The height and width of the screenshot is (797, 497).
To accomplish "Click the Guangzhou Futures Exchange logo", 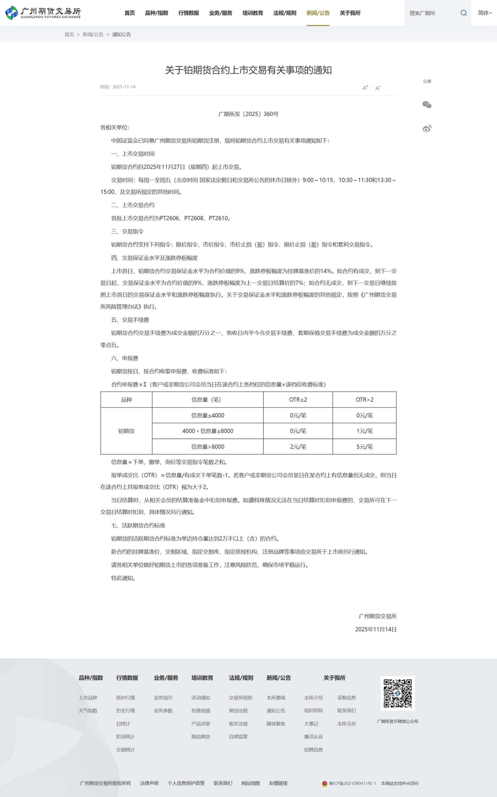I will (43, 13).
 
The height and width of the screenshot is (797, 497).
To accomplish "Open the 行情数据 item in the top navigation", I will (188, 13).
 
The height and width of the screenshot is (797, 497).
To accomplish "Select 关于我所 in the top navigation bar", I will (350, 13).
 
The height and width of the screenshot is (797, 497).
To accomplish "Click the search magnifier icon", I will (464, 13).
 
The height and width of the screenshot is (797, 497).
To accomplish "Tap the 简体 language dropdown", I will (485, 13).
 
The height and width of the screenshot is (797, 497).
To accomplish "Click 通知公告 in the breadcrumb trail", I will (121, 35).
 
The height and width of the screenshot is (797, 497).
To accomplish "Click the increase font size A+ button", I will (365, 88).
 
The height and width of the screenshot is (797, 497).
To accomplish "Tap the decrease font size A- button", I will (378, 88).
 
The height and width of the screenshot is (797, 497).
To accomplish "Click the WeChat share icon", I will (427, 105).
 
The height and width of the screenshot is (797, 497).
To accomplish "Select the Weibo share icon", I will (427, 129).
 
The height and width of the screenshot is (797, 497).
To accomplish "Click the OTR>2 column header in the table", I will (364, 400).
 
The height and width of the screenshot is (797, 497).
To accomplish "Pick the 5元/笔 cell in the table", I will (364, 447).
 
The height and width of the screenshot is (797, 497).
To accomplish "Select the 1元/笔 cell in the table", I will (364, 431).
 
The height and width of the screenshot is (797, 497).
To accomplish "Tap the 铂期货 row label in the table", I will (126, 431).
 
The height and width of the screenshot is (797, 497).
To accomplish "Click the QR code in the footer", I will (397, 693).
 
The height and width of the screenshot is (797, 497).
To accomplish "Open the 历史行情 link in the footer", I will (125, 711).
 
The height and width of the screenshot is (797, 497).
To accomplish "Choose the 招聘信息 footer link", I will (313, 750).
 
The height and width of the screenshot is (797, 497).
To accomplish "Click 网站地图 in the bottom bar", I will (250, 783).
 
